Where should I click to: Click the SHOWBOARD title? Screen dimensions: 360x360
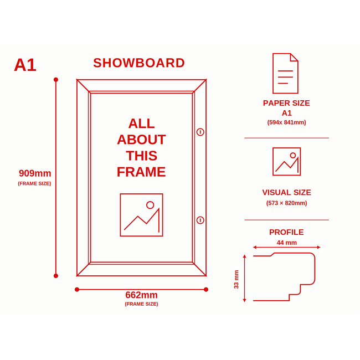139,63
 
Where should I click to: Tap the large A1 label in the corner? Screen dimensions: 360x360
25,65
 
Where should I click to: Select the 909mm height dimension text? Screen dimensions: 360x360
35,173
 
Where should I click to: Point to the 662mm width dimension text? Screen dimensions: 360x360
141,295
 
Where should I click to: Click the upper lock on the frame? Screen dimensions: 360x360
200,132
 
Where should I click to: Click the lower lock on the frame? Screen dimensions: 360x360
200,220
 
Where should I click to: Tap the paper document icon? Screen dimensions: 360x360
285,74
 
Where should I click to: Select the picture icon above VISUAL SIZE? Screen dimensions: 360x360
286,162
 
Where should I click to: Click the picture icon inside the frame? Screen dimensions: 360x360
141,215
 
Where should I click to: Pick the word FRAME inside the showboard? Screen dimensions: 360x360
141,172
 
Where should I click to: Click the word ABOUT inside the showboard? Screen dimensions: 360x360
141,140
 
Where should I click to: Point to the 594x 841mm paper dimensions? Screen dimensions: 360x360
286,122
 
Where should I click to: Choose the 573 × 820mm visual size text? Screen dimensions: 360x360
286,203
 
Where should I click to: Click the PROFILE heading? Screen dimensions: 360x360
286,232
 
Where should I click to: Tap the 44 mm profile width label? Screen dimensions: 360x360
286,243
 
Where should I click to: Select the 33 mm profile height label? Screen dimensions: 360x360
236,279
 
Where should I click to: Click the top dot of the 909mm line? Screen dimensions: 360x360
56,80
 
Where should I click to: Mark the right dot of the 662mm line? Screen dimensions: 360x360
206,290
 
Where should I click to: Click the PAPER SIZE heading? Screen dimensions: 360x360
286,103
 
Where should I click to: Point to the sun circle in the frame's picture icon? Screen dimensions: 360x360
150,205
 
